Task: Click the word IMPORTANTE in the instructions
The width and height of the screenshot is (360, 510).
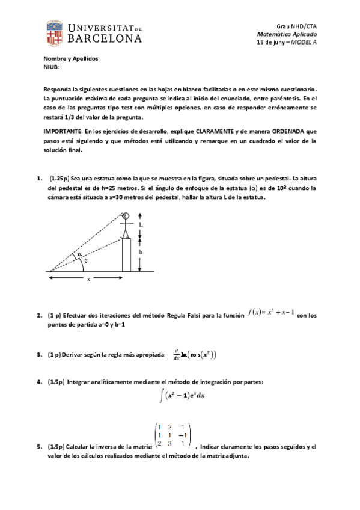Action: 61,131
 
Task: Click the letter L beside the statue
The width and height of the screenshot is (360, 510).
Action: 141,225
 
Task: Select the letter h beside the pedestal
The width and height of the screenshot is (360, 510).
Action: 141,253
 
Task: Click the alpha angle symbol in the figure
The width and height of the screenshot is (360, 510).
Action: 79,255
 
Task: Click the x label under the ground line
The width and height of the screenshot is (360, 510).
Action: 88,279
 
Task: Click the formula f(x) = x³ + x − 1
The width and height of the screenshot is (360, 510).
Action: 270,314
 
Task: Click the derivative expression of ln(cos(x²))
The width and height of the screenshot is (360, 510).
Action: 193,354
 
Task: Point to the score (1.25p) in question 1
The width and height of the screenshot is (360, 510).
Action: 60,179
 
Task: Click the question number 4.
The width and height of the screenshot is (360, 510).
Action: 38,382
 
